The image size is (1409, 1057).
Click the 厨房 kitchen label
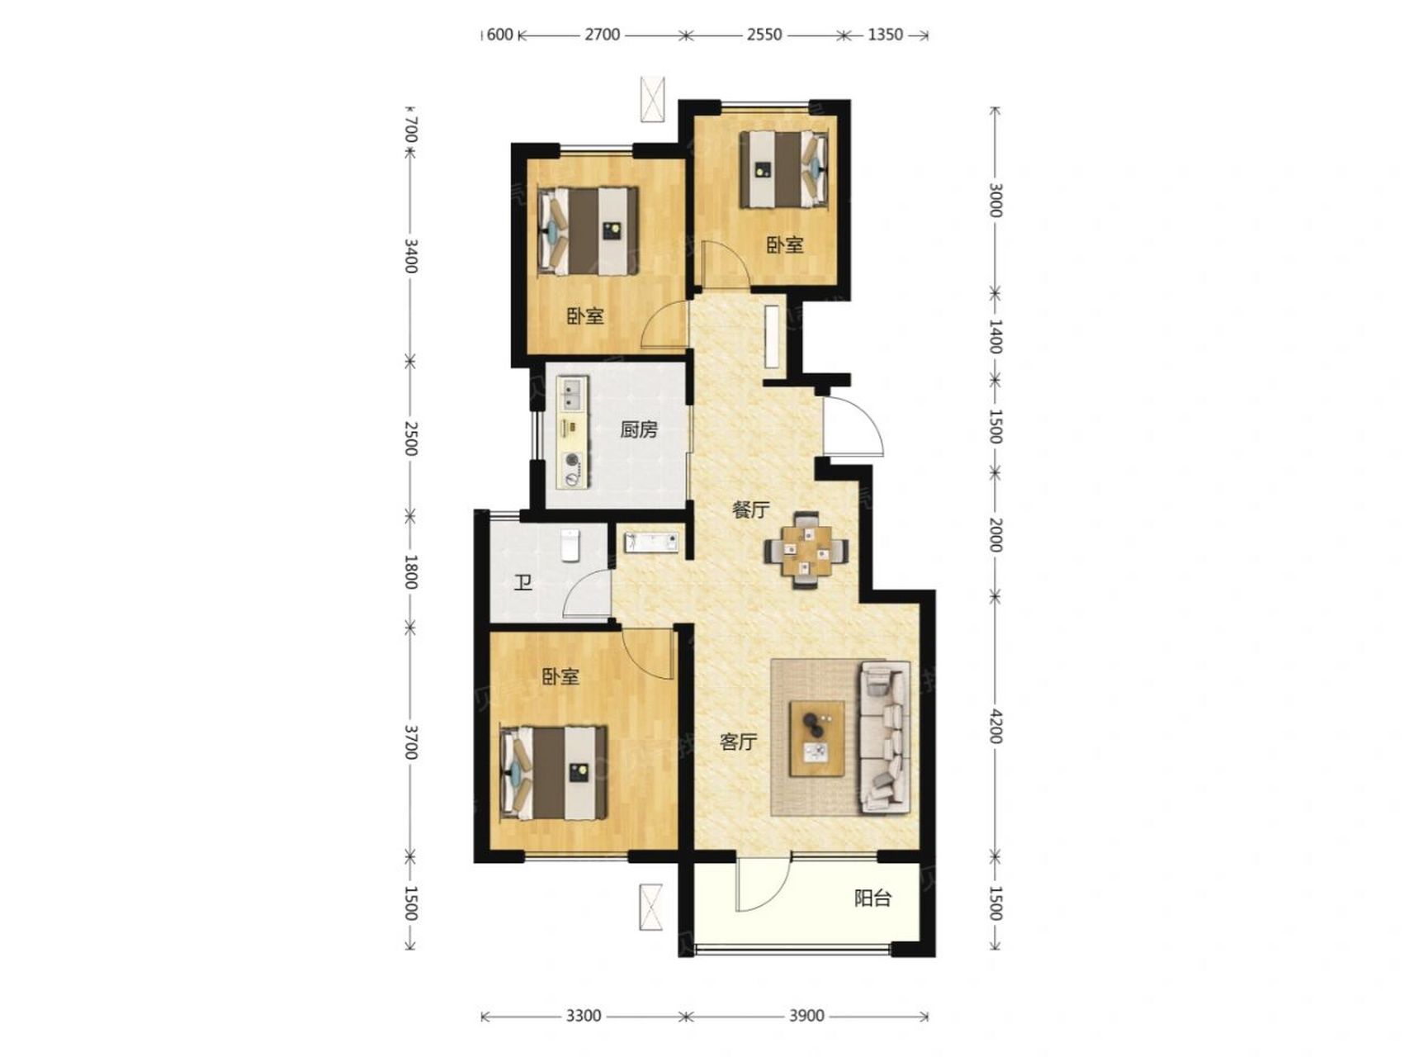click(639, 429)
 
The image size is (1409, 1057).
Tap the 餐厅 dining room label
click(750, 510)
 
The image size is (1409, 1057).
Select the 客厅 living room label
click(738, 742)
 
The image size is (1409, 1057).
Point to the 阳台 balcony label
click(872, 898)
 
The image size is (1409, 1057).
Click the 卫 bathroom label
click(522, 583)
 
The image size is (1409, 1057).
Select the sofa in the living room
click(885, 735)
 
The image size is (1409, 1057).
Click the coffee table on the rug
click(817, 738)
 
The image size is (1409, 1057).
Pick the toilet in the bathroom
click(571, 545)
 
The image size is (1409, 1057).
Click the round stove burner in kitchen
click(571, 462)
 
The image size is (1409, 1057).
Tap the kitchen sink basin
click(571, 393)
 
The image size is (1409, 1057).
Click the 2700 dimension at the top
click(602, 35)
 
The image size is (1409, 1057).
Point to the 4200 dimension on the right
click(995, 726)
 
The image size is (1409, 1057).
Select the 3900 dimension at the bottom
click(806, 1016)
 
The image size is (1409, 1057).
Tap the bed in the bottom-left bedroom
click(554, 773)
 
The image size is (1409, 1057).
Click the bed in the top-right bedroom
click(783, 169)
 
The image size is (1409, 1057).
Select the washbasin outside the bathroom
click(650, 542)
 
